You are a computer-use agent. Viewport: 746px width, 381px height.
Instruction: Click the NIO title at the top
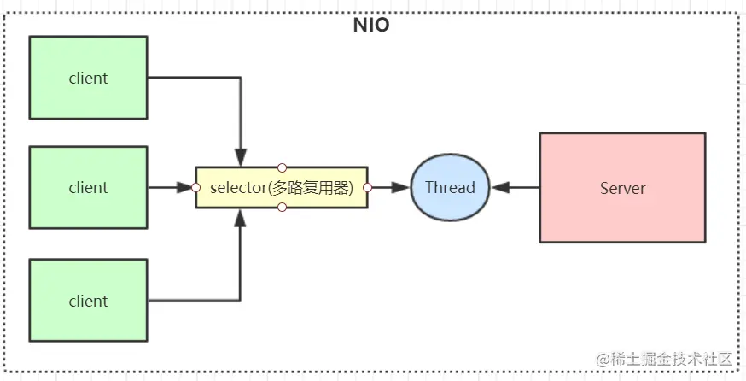(371, 25)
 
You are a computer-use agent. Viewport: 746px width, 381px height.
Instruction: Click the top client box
(88, 78)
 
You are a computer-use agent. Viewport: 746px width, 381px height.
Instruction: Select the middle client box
(88, 187)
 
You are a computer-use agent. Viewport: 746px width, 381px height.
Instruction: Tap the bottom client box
(88, 301)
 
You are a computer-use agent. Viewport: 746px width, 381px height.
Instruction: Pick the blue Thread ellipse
(450, 187)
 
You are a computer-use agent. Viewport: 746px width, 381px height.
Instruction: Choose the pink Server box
(622, 188)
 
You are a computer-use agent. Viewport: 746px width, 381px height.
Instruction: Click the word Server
(622, 188)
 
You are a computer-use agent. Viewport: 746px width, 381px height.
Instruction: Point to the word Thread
(450, 187)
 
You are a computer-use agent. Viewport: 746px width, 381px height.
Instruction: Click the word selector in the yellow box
(238, 188)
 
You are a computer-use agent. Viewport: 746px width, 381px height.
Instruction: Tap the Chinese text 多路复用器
(311, 188)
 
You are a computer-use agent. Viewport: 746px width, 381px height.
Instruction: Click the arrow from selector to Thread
(389, 187)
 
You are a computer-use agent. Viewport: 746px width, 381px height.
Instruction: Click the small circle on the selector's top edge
(282, 167)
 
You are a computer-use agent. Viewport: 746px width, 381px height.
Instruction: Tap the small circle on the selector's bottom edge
(282, 208)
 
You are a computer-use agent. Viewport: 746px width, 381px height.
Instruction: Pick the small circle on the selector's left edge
(195, 187)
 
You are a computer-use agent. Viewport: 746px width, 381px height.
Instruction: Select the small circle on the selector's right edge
(368, 187)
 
